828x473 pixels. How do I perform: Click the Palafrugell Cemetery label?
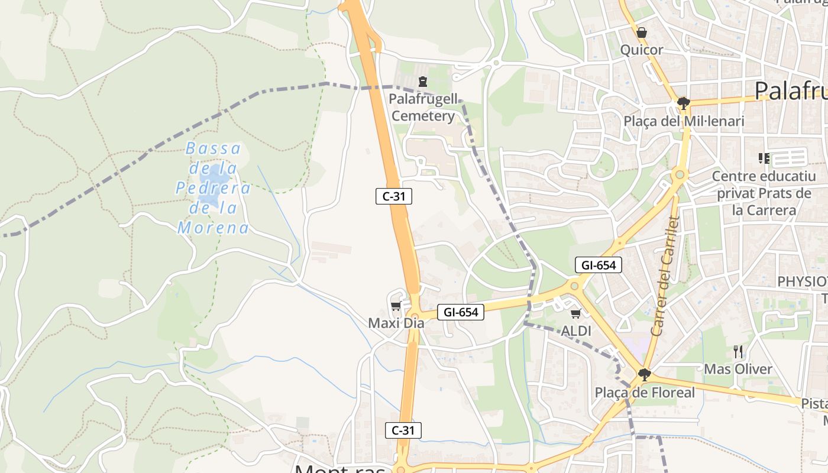point(423,107)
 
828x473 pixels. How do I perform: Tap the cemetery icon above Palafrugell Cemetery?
point(422,82)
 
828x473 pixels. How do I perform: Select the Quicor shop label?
point(642,50)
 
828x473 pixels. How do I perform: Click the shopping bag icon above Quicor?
point(642,33)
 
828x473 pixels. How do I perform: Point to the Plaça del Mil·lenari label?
point(684,121)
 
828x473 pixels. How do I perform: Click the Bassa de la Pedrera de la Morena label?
point(214,188)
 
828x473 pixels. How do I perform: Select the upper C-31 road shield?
point(393,196)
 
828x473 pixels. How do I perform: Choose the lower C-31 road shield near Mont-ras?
point(403,430)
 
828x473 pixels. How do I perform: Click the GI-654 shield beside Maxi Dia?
point(460,312)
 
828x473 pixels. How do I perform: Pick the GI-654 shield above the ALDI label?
point(598,265)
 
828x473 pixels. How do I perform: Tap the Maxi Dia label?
point(396,323)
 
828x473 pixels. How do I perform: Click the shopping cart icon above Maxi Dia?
point(396,306)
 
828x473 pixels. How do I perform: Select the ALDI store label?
point(576,331)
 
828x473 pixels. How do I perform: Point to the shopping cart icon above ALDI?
point(575,314)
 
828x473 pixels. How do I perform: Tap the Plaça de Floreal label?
point(645,393)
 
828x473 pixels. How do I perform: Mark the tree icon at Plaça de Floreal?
point(645,375)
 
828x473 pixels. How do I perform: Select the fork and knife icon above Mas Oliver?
point(738,352)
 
